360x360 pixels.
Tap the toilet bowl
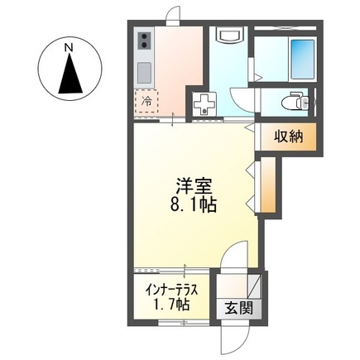pyautogui.click(x=291, y=102)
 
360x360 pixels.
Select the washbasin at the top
pyautogui.click(x=228, y=36)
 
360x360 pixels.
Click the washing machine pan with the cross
pyautogui.click(x=203, y=104)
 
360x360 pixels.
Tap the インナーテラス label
pyautogui.click(x=168, y=291)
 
